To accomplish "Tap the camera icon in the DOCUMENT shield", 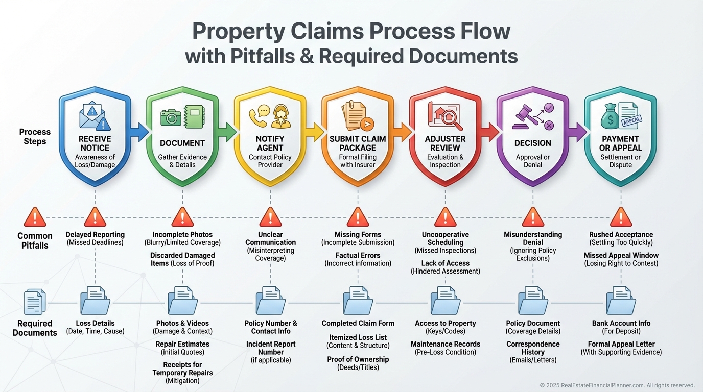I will coord(171,117).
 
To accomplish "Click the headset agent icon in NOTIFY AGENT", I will coord(281,117).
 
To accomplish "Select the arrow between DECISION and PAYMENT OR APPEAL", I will coord(578,132).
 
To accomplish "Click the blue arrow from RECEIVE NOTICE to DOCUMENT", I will coord(139,132).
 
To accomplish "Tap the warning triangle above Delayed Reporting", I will coord(95,217).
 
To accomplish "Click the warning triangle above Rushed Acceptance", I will coord(621,217).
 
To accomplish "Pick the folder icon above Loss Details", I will coord(95,301).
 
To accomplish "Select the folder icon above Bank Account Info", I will coord(621,301).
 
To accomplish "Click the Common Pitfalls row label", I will coord(35,240).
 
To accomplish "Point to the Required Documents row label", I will coord(35,328).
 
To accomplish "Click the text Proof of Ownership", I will coord(358,359).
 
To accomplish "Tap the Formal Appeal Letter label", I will coord(621,344).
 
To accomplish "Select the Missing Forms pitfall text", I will coord(358,235).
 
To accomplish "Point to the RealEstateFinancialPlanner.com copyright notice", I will coord(617,385).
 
